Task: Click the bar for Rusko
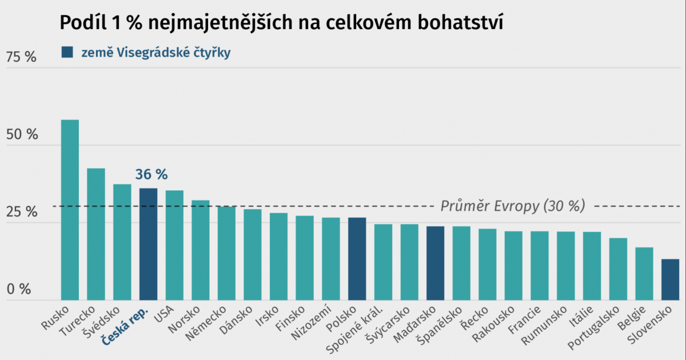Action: click(70, 210)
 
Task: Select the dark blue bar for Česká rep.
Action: click(149, 244)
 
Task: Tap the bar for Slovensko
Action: click(670, 279)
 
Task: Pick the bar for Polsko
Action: click(357, 259)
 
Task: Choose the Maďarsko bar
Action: click(436, 263)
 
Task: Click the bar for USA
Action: click(174, 245)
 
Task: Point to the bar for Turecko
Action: click(96, 234)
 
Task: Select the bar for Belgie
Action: click(644, 274)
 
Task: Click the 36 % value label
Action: click(151, 175)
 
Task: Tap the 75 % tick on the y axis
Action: click(21, 57)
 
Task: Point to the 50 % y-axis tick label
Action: click(21, 135)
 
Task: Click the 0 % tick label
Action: click(19, 290)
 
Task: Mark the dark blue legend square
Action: click(67, 53)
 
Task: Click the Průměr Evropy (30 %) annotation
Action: click(512, 206)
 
